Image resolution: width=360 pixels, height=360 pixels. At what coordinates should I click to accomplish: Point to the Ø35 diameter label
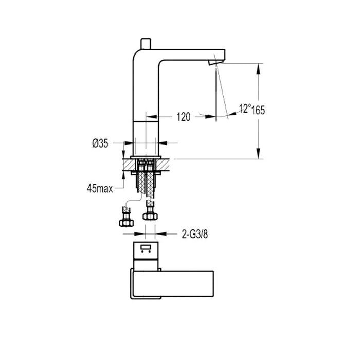coord(100,144)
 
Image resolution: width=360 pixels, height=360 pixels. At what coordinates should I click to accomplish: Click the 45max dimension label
coord(100,188)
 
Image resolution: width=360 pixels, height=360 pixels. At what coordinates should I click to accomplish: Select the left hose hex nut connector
coord(125,222)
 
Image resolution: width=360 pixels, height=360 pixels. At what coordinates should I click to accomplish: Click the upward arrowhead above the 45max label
coord(123,175)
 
